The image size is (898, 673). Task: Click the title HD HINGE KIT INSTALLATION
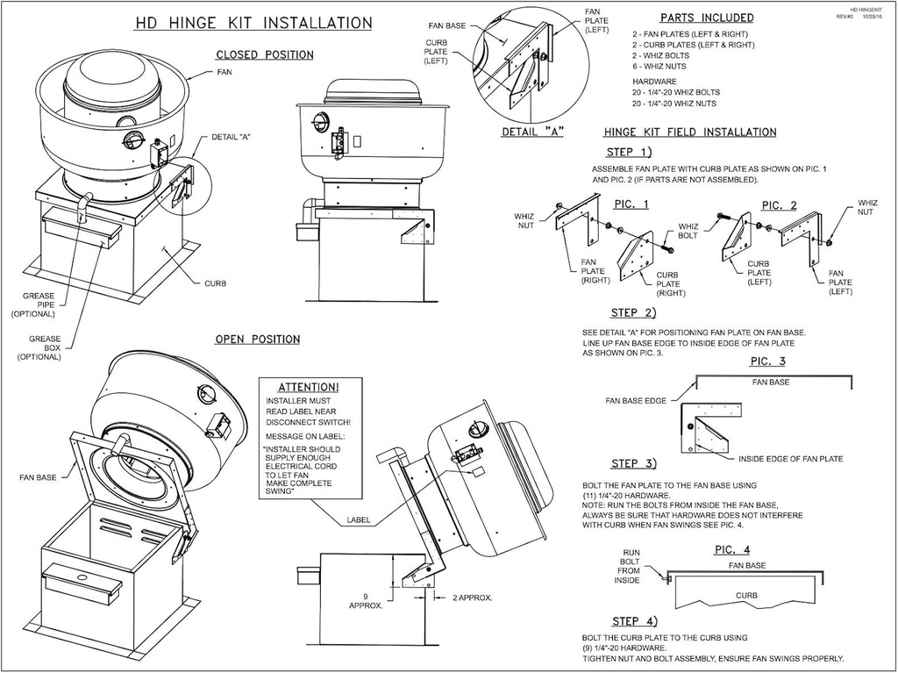click(253, 24)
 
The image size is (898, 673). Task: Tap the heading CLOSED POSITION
click(264, 55)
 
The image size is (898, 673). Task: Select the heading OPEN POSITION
click(257, 340)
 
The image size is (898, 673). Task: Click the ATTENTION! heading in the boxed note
click(308, 387)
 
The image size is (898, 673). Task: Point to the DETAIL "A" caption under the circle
click(531, 133)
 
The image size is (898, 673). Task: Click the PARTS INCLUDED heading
click(706, 18)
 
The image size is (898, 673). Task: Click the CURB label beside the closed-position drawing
click(215, 284)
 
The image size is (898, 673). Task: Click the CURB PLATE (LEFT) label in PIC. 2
click(759, 273)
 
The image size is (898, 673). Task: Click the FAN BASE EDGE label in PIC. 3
click(636, 401)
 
